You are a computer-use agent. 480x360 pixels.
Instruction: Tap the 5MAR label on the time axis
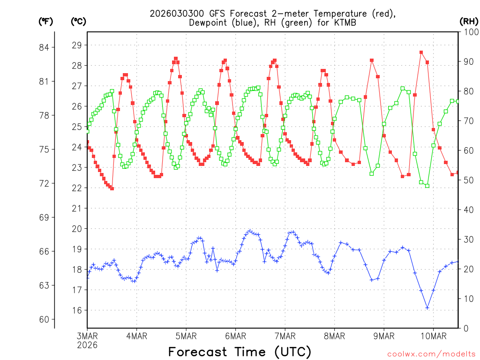tap(186, 336)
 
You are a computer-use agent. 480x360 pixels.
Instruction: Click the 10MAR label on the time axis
tap(433, 336)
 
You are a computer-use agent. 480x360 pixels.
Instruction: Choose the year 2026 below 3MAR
tap(88, 345)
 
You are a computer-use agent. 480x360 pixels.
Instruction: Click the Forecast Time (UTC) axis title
tap(240, 352)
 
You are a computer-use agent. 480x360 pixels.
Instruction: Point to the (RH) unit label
tap(468, 21)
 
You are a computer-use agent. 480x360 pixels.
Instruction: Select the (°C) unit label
tap(79, 21)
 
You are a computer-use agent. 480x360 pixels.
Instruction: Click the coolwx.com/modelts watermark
tap(431, 353)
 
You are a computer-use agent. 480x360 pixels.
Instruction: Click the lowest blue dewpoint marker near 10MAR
tap(427, 307)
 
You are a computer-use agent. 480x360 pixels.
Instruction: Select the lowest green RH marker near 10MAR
tap(427, 186)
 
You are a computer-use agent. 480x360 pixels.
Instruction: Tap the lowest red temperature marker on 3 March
tap(112, 188)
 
